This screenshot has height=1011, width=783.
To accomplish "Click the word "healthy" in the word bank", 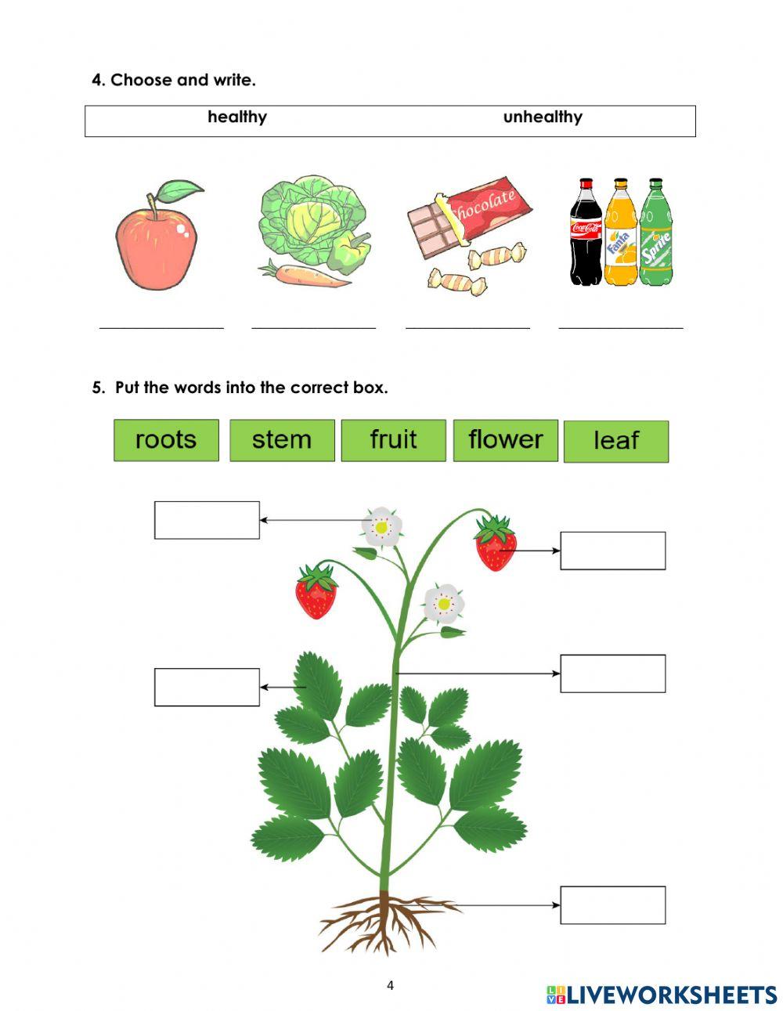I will click(237, 117).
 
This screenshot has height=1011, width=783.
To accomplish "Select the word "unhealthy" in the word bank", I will click(543, 117).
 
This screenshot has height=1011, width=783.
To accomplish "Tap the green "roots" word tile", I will click(166, 440).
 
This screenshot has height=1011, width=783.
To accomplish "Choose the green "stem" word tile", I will click(282, 440).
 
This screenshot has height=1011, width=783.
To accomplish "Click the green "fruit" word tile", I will click(393, 440).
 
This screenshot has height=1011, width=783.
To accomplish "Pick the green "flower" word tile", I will click(505, 440).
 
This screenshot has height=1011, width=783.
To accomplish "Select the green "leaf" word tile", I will click(616, 442).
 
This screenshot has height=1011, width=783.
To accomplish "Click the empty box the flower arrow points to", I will click(207, 520).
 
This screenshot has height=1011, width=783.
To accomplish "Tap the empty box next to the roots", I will click(613, 905).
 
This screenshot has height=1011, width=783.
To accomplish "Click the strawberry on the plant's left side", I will click(316, 593).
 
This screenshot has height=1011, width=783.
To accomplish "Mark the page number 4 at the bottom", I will click(390, 985).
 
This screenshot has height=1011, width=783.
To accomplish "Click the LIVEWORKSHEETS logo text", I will click(670, 995).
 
